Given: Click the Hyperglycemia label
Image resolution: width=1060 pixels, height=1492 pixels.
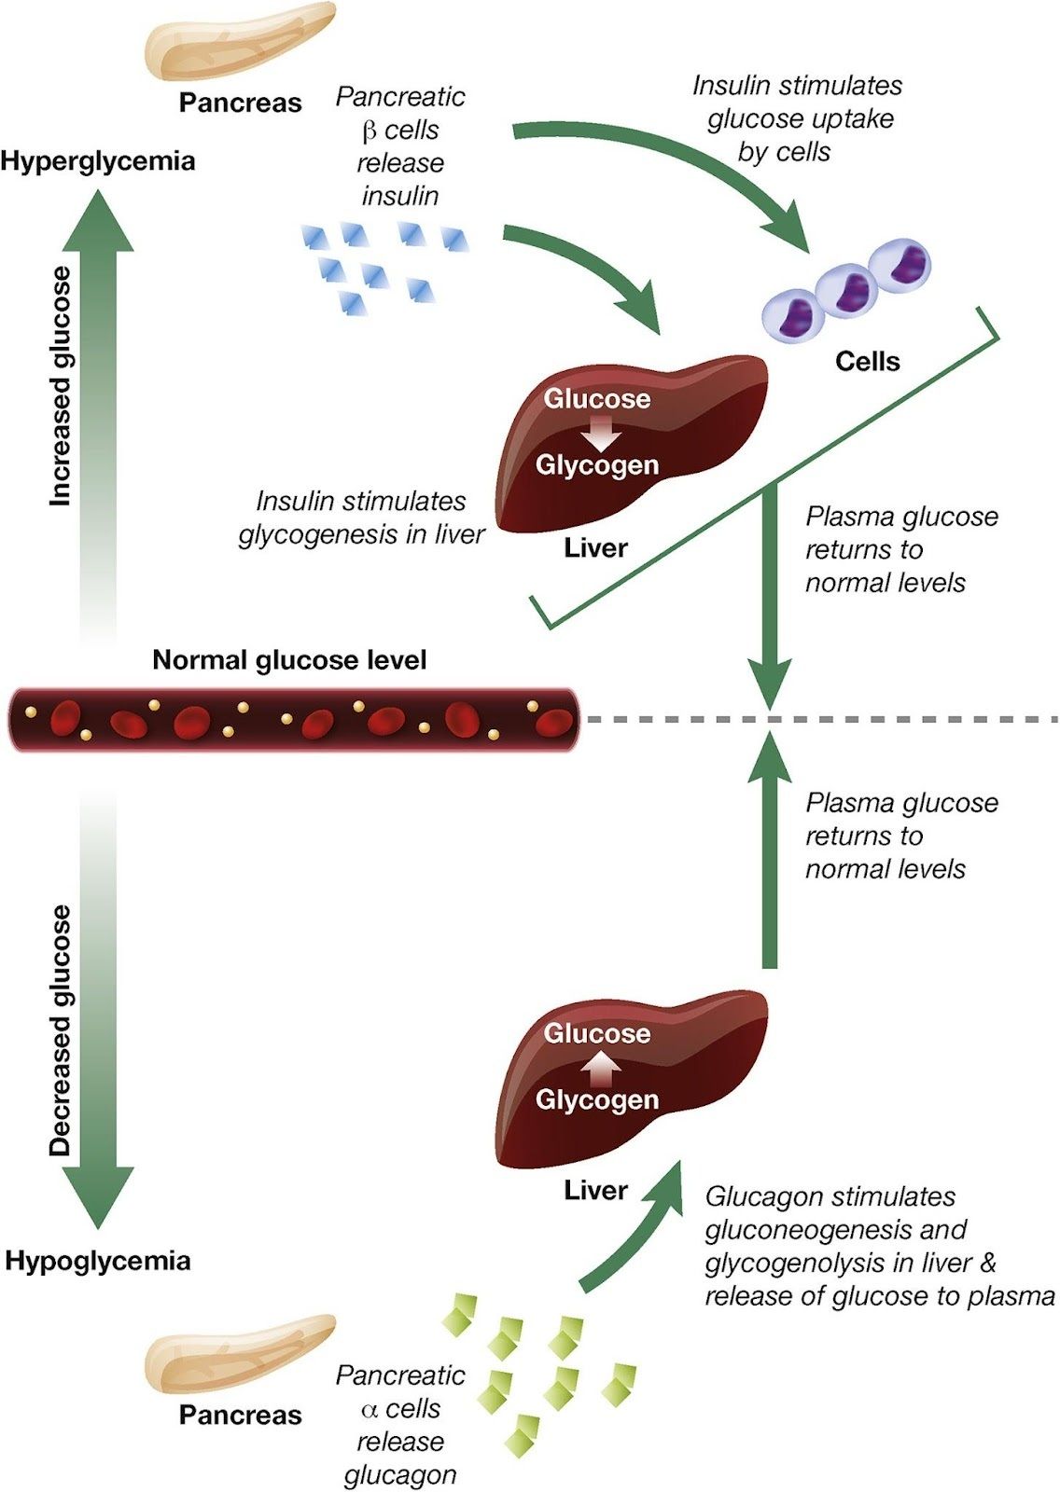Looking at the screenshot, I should click(x=98, y=160).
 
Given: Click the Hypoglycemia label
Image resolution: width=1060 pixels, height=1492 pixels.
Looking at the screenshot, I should click(x=98, y=1261).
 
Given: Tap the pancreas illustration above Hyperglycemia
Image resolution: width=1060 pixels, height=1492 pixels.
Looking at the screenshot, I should click(x=240, y=42).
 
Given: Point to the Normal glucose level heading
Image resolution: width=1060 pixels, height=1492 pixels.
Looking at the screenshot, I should click(x=289, y=660).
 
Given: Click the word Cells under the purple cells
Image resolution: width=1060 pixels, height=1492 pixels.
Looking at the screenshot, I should click(x=868, y=362).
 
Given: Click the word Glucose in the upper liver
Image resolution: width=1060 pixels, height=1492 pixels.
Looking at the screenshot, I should click(x=597, y=399).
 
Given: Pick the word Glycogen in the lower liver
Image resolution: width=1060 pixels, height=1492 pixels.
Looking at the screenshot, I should click(x=597, y=1099).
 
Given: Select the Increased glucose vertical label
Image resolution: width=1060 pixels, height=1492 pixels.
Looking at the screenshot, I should click(x=61, y=386).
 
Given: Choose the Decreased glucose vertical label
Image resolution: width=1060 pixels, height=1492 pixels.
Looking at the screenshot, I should click(x=61, y=1030).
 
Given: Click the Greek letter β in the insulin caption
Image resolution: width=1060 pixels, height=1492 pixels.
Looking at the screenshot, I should click(x=369, y=131).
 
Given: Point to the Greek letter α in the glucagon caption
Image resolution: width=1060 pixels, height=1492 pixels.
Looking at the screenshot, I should click(x=369, y=1409).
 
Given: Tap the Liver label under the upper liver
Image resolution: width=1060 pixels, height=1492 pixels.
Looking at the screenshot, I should click(x=595, y=547).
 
